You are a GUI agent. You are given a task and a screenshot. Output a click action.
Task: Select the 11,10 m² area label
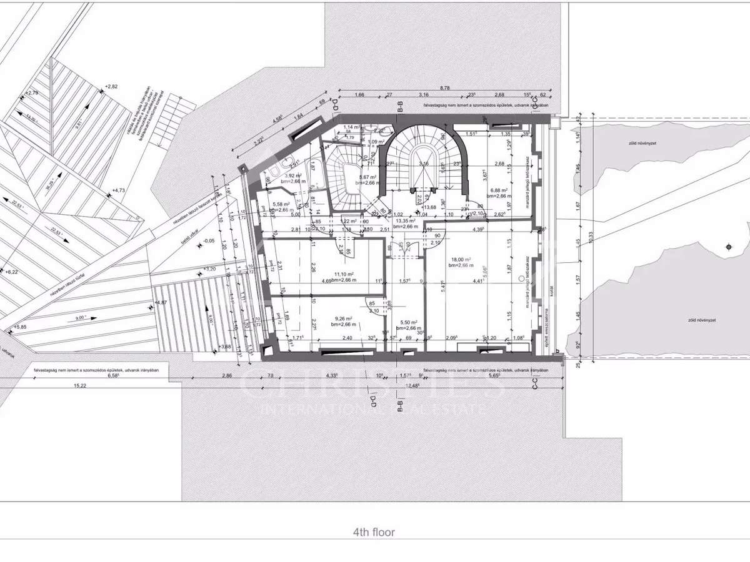tap(344, 274)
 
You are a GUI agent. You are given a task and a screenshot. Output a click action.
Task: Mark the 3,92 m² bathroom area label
tap(293, 177)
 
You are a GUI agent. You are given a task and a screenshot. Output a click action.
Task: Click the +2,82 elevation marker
tap(111, 86)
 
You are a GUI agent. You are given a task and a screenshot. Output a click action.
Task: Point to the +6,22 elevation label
tap(12, 272)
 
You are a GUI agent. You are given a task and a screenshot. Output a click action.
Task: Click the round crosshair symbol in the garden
tap(727, 248)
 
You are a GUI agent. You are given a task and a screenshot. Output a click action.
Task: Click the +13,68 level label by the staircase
tap(429, 207)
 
